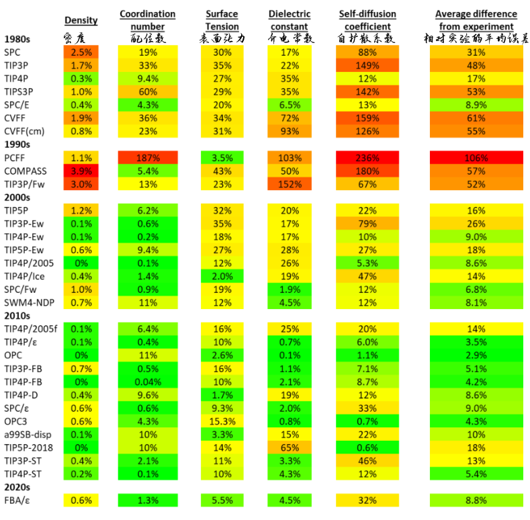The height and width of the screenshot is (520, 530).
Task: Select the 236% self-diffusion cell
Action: (x=367, y=158)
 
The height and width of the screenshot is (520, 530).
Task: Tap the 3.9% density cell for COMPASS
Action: (x=80, y=171)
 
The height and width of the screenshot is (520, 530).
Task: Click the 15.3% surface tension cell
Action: (x=221, y=421)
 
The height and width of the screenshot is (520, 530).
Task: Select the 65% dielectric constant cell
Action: (x=289, y=447)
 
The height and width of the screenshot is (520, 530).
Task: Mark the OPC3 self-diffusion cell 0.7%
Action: (x=367, y=421)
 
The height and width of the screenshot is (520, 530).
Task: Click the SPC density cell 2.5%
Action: (x=80, y=52)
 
